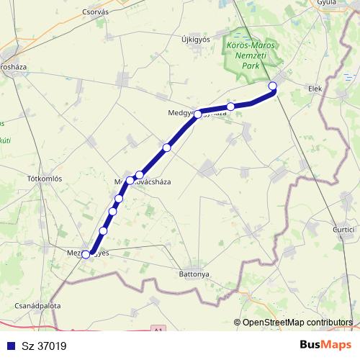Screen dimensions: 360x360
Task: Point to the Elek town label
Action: pyautogui.click(x=315, y=89)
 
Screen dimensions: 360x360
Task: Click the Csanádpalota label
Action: pyautogui.click(x=37, y=305)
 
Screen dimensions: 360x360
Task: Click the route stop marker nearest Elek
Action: pyautogui.click(x=272, y=86)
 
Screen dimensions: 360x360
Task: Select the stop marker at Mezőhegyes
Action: pyautogui.click(x=86, y=254)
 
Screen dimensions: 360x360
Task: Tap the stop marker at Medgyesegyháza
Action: pyautogui.click(x=197, y=114)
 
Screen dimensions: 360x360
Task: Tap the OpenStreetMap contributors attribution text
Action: pyautogui.click(x=297, y=323)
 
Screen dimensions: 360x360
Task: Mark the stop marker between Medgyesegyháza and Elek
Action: pyautogui.click(x=230, y=107)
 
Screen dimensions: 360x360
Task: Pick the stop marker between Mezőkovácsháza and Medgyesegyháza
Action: pyautogui.click(x=166, y=148)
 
